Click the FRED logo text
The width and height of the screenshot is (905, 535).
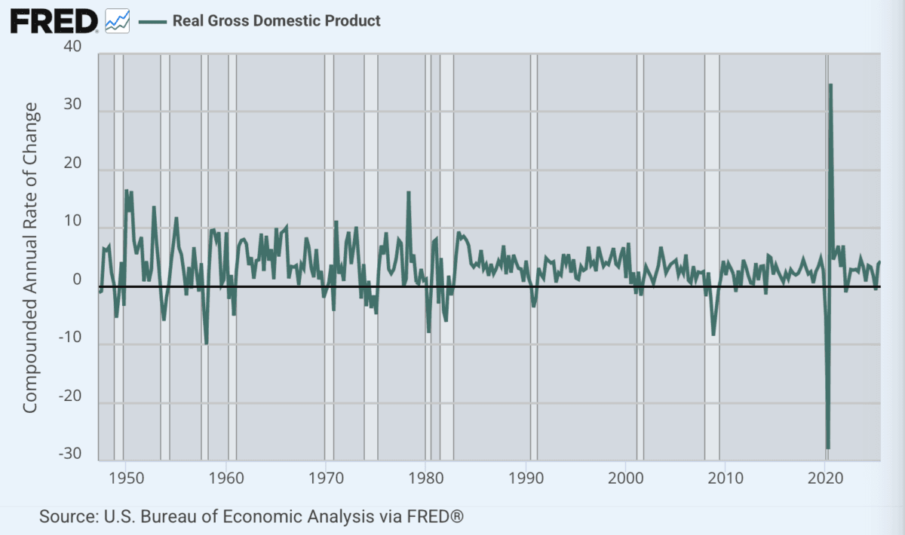(x=53, y=20)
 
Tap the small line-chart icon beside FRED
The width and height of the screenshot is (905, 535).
(x=117, y=20)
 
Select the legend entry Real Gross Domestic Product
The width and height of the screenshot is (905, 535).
(x=276, y=21)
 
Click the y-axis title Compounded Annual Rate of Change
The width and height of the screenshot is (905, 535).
(x=30, y=258)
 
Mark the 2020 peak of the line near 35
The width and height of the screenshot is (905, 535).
(x=830, y=84)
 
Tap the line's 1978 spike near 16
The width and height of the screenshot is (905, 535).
(x=408, y=192)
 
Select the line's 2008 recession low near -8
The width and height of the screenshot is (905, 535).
(x=713, y=335)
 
